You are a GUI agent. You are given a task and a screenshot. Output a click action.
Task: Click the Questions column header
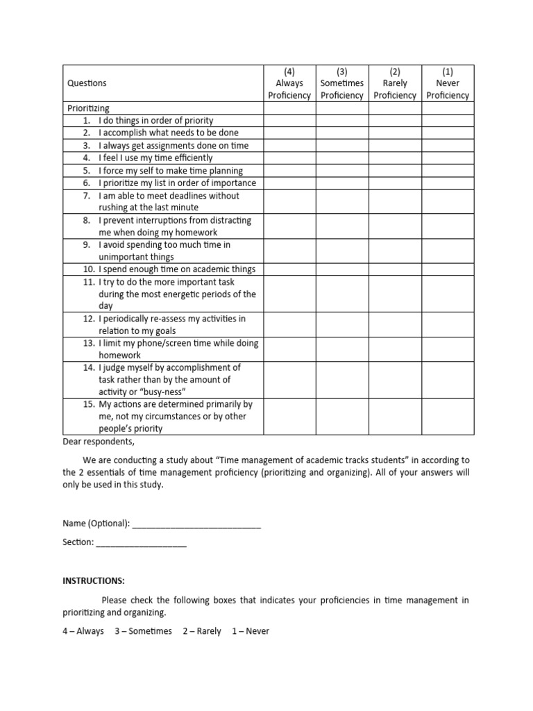click(87, 83)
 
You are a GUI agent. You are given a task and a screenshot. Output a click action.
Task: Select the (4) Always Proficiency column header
click(289, 83)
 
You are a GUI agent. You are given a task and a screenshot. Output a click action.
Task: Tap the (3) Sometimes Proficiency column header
click(342, 83)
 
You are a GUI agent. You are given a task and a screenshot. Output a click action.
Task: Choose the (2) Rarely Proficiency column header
click(395, 83)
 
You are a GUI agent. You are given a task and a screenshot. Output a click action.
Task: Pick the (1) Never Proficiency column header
click(448, 83)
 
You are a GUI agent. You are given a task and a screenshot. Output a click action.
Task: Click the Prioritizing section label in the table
click(88, 108)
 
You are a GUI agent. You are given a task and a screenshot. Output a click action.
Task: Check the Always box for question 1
click(289, 121)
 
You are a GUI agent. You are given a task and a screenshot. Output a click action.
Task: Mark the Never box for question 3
click(448, 146)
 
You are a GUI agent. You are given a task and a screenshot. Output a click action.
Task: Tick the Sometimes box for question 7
click(342, 201)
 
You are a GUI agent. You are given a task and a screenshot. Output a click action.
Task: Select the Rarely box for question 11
click(395, 294)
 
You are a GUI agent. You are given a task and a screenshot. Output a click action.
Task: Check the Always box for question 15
click(289, 416)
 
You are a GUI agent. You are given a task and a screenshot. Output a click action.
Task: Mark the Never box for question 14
click(448, 379)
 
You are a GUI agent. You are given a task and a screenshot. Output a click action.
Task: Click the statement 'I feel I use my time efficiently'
click(155, 158)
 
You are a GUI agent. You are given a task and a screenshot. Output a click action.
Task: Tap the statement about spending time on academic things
click(177, 269)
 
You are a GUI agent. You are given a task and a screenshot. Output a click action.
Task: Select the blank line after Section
click(142, 542)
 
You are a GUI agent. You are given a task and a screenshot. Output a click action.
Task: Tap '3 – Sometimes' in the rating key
click(143, 631)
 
